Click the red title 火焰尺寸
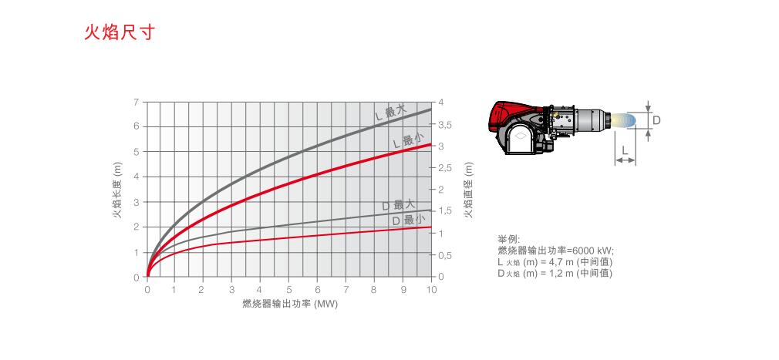tap(120, 32)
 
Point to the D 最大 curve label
tap(399, 204)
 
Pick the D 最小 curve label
tap(409, 220)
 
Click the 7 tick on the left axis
tap(137, 102)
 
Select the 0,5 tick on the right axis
tap(444, 255)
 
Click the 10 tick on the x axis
tap(431, 290)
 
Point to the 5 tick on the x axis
tap(289, 290)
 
